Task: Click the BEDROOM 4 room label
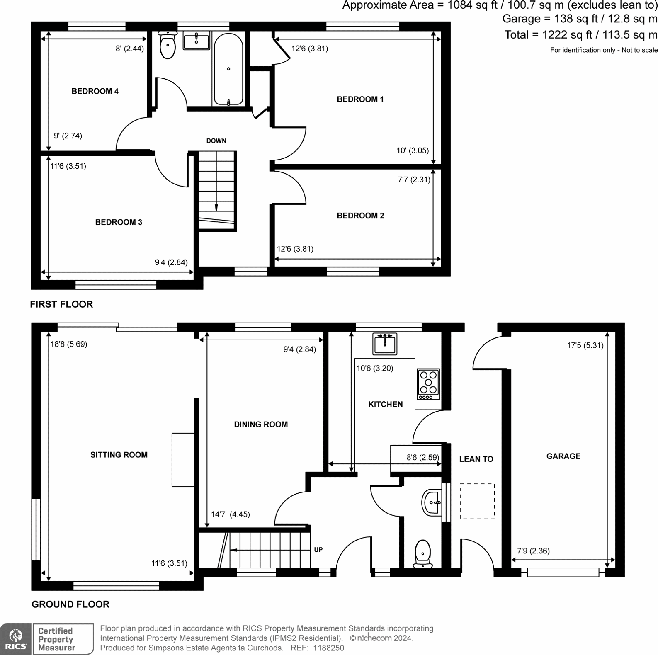point(95,91)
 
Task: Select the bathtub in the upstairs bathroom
point(228,68)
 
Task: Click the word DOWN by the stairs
point(216,141)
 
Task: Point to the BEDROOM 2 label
point(360,216)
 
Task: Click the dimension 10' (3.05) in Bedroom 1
point(412,150)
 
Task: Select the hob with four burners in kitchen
point(428,384)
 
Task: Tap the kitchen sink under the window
point(384,343)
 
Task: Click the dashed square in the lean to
point(477,501)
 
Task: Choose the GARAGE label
point(563,456)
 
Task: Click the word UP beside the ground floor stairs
point(318,550)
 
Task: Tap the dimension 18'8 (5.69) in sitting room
point(69,344)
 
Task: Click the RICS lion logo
point(16,638)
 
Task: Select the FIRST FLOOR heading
point(61,304)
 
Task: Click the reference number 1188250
point(329,648)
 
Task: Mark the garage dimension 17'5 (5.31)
point(585,345)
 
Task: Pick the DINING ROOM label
point(261,425)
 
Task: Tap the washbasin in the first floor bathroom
point(196,41)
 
